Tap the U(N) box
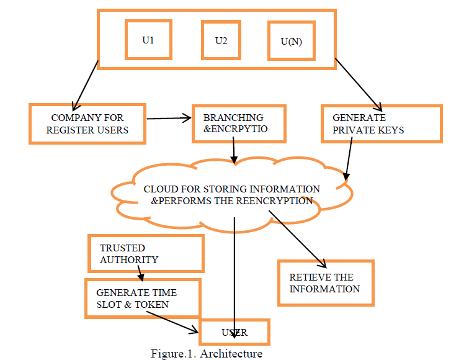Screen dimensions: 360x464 click(x=291, y=42)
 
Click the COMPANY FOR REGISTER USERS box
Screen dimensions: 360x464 click(x=87, y=123)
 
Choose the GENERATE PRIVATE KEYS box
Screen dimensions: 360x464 click(x=381, y=123)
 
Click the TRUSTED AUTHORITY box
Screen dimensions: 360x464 click(x=146, y=253)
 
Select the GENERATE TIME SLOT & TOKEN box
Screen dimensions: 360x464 click(x=143, y=298)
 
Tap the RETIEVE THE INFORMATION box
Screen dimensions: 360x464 click(x=324, y=282)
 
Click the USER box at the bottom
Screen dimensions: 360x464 click(x=234, y=332)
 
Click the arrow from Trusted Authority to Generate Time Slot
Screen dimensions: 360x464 click(x=140, y=273)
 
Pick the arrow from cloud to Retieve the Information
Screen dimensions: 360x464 click(x=298, y=239)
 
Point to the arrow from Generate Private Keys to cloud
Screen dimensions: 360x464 click(x=349, y=158)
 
